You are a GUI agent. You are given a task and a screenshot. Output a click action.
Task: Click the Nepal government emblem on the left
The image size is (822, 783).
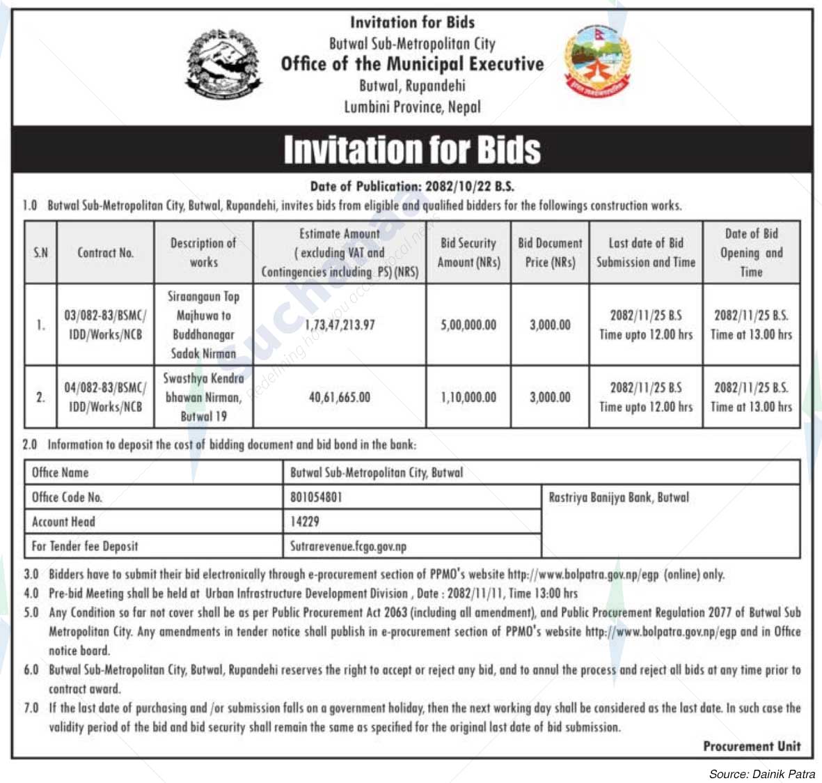click(224, 64)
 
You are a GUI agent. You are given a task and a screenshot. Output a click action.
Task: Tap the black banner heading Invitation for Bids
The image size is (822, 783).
click(412, 150)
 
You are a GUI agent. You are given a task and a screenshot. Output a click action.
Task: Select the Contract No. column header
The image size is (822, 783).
click(105, 253)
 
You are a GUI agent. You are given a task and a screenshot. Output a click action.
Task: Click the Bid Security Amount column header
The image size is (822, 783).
click(468, 253)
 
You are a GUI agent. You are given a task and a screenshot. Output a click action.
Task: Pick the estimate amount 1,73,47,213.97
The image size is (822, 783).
click(340, 325)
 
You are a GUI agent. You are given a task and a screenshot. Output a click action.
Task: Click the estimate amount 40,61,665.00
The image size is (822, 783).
click(340, 397)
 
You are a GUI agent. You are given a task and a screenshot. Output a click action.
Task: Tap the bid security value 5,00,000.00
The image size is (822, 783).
click(468, 325)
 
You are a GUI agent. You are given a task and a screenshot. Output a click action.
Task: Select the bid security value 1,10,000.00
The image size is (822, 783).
click(468, 397)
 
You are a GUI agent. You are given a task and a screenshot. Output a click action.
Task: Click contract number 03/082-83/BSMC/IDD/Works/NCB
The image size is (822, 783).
click(105, 325)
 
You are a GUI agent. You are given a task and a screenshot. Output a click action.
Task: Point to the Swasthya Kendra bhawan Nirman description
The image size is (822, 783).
click(203, 397)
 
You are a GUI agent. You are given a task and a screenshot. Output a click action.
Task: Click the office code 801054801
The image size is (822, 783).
click(316, 497)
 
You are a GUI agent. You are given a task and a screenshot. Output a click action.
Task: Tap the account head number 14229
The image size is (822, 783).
click(305, 522)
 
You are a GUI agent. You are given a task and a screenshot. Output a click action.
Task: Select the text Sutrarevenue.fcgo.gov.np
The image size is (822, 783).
click(348, 546)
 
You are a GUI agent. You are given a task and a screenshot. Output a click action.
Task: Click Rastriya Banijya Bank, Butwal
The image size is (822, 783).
click(619, 497)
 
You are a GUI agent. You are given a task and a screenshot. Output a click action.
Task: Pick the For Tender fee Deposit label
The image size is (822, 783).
click(85, 546)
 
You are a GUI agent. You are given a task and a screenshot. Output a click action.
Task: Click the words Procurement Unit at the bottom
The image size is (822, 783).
click(752, 746)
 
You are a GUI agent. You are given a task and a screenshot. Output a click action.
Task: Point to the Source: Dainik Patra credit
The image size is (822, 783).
click(761, 774)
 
